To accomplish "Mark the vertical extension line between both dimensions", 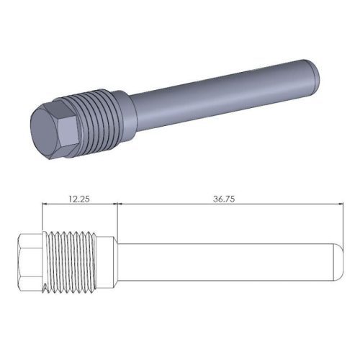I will [117, 220].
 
